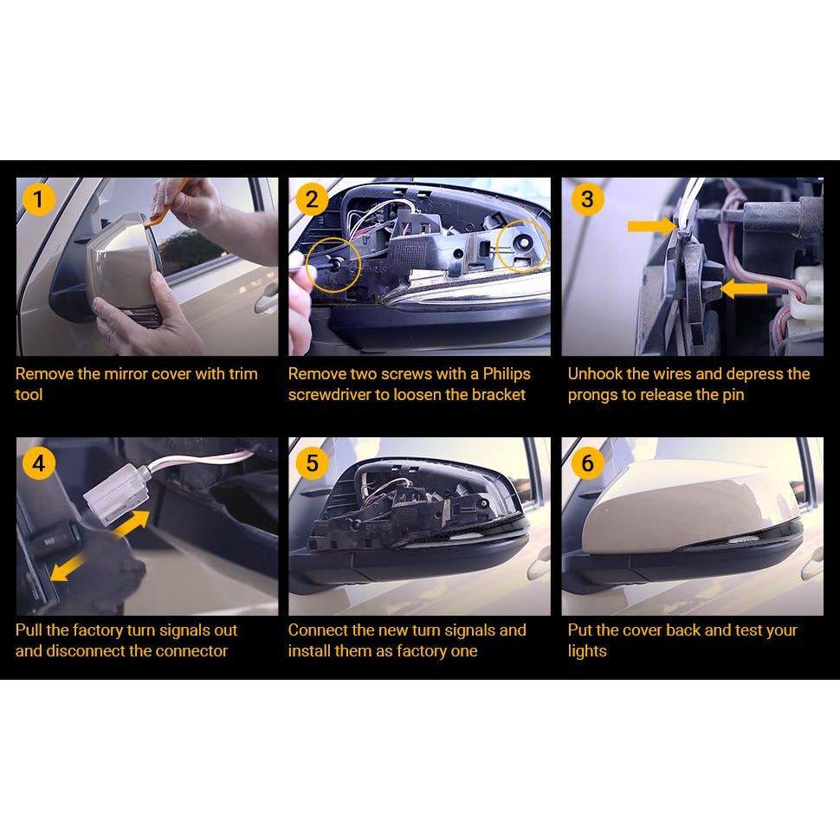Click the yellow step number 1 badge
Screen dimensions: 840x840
point(39,199)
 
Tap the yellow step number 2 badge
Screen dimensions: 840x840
point(312,199)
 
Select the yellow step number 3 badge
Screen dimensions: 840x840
point(588,199)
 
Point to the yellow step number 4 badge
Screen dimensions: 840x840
point(39,462)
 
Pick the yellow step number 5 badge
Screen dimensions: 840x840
point(312,462)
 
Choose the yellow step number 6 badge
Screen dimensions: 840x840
point(588,462)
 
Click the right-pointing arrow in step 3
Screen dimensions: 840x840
point(652,226)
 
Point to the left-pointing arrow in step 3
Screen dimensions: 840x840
point(745,288)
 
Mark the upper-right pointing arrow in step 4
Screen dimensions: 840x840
point(132,524)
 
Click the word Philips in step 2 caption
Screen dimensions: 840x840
point(507,374)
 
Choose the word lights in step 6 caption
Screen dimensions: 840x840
point(587,651)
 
